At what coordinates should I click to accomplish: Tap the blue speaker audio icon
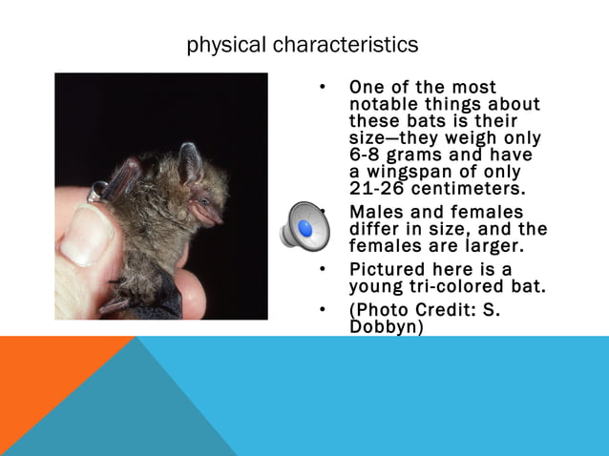coord(304,226)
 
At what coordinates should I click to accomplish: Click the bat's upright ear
coord(189,163)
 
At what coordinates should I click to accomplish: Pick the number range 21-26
coord(377,188)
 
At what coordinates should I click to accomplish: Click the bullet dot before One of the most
coord(325,89)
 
